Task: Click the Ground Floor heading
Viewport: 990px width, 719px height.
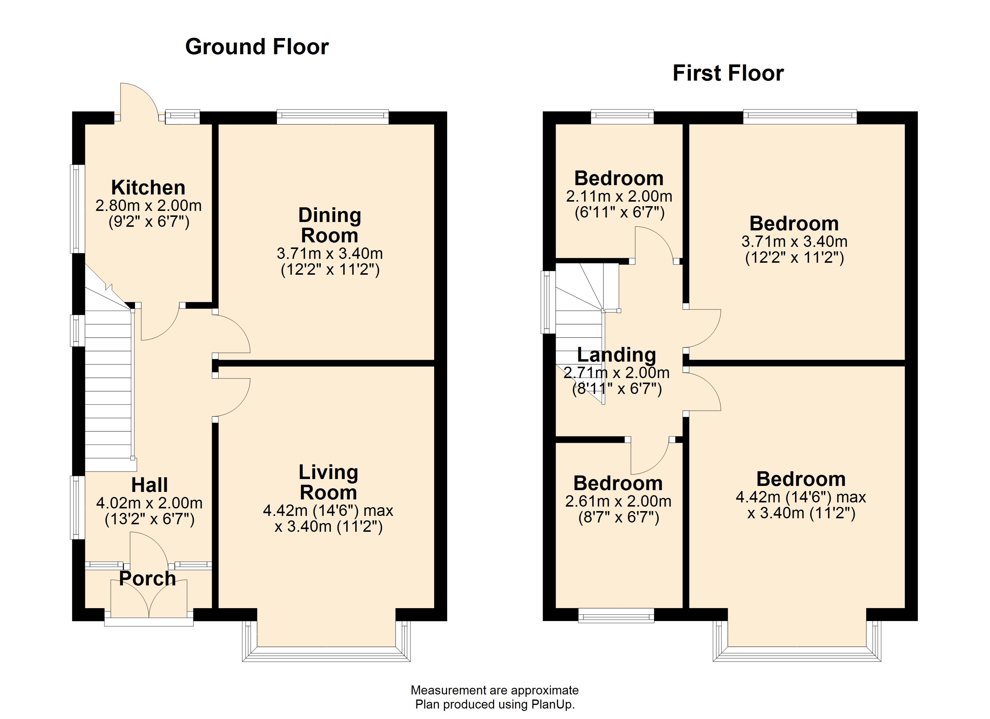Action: tap(257, 47)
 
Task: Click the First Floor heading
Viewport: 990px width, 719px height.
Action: tap(728, 73)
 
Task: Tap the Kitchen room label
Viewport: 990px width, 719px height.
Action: tap(148, 188)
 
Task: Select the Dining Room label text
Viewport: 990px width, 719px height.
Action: tap(330, 225)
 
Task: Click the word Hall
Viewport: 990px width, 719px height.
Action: tap(149, 485)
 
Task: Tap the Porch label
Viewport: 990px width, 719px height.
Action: tap(148, 578)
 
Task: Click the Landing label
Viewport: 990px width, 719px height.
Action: tap(616, 355)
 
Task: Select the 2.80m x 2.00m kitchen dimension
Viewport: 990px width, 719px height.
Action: tap(148, 206)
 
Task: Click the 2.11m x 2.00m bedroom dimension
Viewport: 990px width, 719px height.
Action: tap(619, 197)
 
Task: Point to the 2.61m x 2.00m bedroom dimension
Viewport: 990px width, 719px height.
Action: tap(618, 502)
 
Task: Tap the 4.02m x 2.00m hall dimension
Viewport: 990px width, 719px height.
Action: tap(149, 503)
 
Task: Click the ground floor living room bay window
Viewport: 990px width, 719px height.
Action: tap(326, 654)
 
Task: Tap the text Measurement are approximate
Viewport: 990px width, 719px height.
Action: tap(495, 690)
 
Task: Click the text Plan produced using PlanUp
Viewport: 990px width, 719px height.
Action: tap(495, 704)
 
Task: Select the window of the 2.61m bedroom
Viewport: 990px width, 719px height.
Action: tap(616, 617)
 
